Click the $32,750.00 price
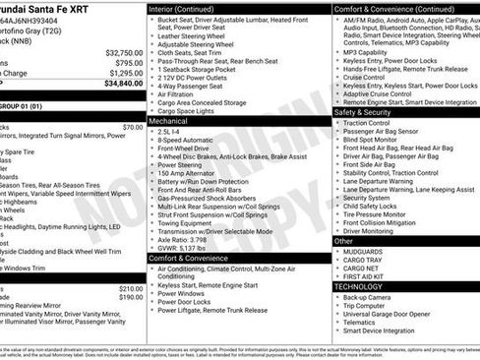coord(123,53)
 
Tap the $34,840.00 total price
coord(123,84)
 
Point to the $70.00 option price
coord(132,127)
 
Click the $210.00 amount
coord(130,288)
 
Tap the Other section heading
coord(344,240)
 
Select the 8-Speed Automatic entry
coord(186,140)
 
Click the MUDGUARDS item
coord(365,251)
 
